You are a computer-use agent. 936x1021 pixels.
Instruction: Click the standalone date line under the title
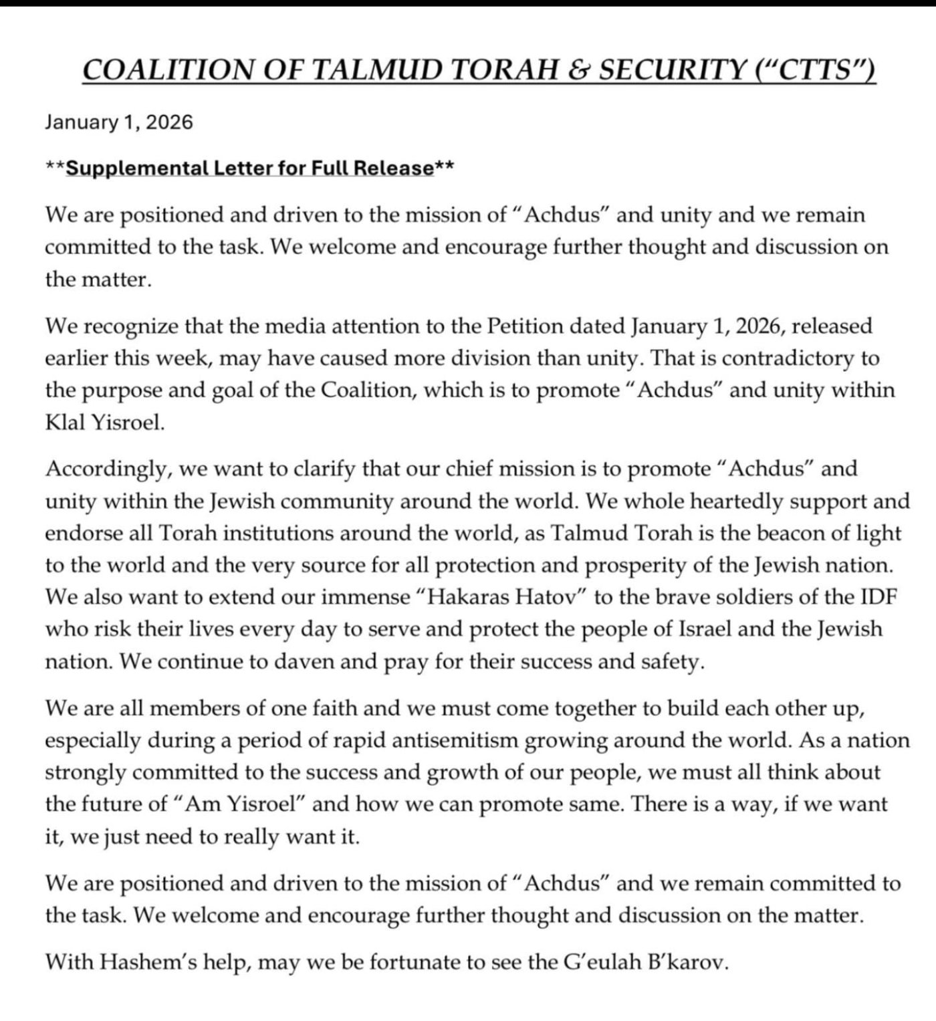119,122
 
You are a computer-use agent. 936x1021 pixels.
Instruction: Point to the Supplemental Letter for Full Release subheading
249,168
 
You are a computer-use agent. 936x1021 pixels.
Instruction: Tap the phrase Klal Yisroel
104,423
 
